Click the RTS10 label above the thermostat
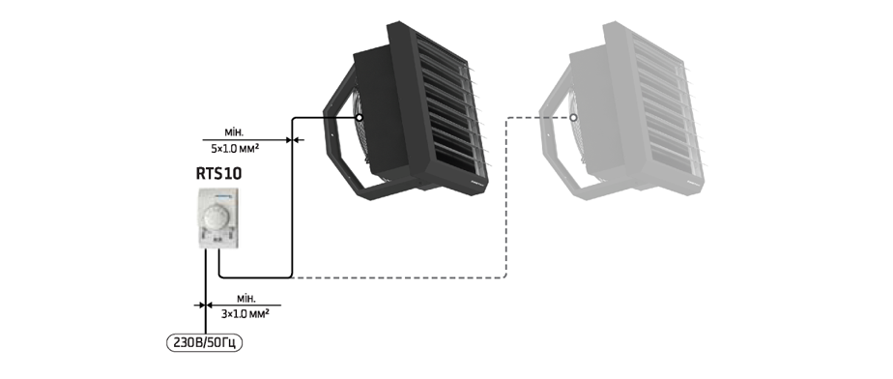pyautogui.click(x=218, y=173)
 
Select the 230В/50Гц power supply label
pyautogui.click(x=204, y=343)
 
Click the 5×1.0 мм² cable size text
pyautogui.click(x=235, y=149)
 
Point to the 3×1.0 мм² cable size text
pyautogui.click(x=245, y=313)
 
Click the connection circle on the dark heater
pyautogui.click(x=360, y=117)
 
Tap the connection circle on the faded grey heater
pyautogui.click(x=573, y=117)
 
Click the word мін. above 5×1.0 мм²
pyautogui.click(x=234, y=132)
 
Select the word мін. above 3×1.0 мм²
pyautogui.click(x=246, y=298)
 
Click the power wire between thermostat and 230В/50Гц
pyautogui.click(x=205, y=292)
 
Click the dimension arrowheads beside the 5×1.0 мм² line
pyautogui.click(x=292, y=139)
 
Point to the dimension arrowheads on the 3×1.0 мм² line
pyautogui.click(x=205, y=305)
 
